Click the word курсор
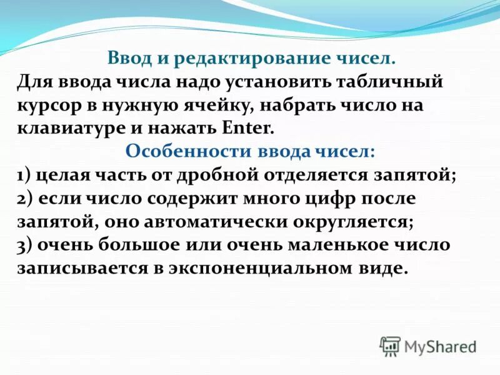tap(47, 105)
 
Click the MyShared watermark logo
tap(429, 346)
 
